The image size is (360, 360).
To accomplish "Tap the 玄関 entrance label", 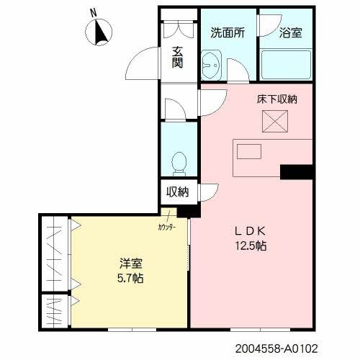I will [x=176, y=58].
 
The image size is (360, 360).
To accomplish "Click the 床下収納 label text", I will [x=277, y=99].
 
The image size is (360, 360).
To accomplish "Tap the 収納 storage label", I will [x=177, y=192].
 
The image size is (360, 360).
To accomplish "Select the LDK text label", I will [x=251, y=231].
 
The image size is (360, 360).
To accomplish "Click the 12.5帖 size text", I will [x=251, y=246].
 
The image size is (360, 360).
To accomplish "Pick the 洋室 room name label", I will [x=130, y=263].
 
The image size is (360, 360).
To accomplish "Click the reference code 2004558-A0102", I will [x=275, y=348].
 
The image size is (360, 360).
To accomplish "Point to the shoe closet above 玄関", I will [x=178, y=28].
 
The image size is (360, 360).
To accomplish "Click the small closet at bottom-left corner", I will [x=54, y=311].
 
